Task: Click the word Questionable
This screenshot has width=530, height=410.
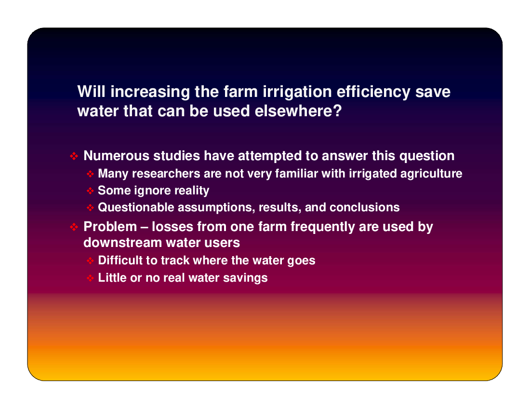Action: pos(135,207)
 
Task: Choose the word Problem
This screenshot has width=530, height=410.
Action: pos(110,227)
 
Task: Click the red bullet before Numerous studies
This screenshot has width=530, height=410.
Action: pos(74,156)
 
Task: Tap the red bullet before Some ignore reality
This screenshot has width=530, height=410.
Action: pos(90,191)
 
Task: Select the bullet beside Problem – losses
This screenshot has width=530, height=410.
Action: pos(74,227)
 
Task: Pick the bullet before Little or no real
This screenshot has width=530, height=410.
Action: pos(90,278)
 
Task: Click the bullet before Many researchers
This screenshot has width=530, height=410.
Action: pos(90,174)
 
